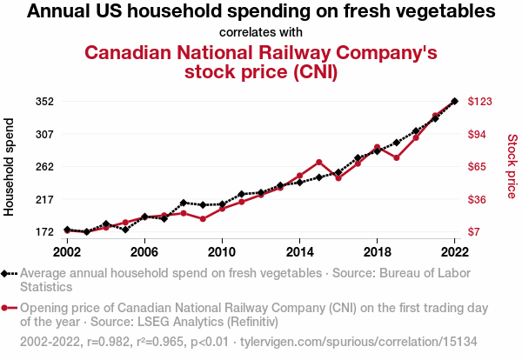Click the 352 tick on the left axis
coord(45,102)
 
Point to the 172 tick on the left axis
coord(45,232)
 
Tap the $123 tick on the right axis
coord(480,102)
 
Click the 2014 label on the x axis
coord(299,251)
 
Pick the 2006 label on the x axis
coord(144,251)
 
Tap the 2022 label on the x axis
coord(454,251)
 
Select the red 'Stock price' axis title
coord(512,165)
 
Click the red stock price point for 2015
coord(319,163)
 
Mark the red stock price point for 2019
coord(397,157)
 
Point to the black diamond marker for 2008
coord(184,203)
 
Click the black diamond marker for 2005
coord(125,230)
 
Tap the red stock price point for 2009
coord(203,219)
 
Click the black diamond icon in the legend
coord(7,273)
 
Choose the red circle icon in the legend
coord(7,308)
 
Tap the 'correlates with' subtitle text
coord(261,32)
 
